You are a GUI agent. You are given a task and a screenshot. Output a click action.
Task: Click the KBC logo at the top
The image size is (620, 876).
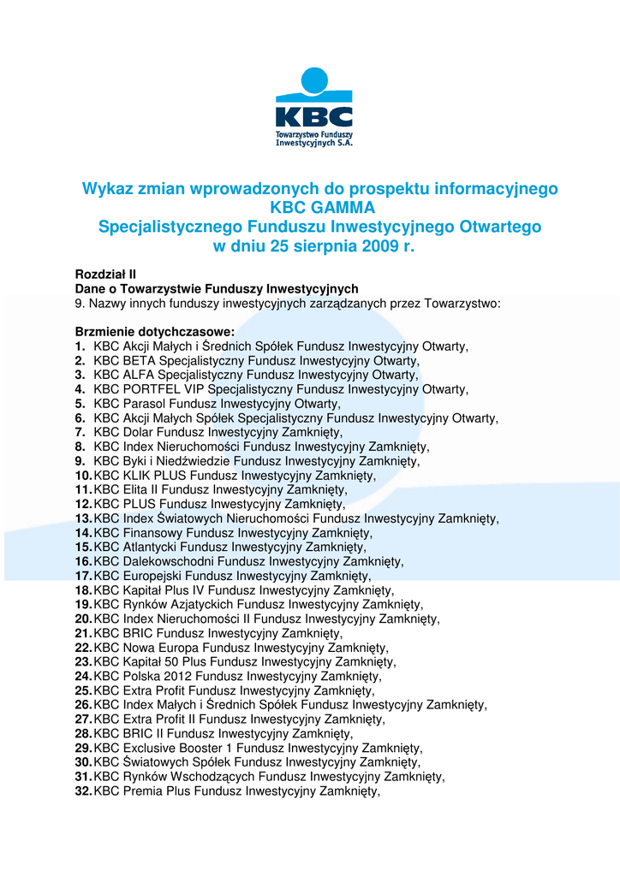[313, 108]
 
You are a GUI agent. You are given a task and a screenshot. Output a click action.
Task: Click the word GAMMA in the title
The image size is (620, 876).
[340, 207]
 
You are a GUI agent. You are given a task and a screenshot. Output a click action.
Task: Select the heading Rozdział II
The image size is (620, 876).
[105, 275]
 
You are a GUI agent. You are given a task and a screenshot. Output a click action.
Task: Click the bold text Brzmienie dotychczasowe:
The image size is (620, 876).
[155, 332]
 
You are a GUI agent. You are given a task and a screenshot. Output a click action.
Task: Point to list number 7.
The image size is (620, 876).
[80, 432]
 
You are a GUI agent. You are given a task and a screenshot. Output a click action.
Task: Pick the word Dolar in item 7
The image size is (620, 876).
[139, 432]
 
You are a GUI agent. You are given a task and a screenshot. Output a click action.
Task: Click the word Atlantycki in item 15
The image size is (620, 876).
[150, 547]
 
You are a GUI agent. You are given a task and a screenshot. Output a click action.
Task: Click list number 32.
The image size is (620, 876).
[83, 791]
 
